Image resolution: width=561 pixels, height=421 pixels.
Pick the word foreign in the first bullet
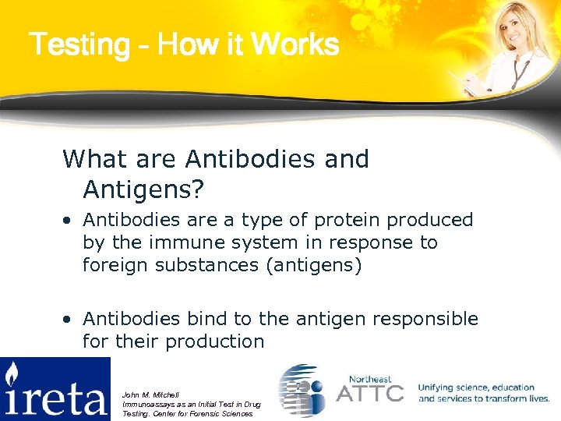click(x=114, y=265)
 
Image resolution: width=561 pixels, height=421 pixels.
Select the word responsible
click(x=424, y=319)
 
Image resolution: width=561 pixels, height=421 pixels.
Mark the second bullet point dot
click(x=69, y=320)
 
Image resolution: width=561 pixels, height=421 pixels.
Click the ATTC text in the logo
click(x=369, y=392)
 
